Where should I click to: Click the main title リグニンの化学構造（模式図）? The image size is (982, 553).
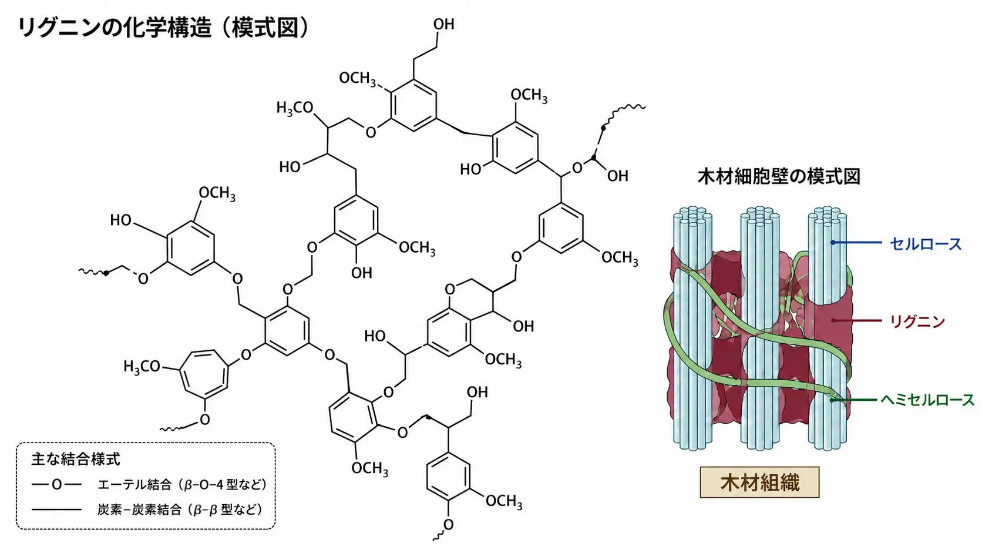click(163, 29)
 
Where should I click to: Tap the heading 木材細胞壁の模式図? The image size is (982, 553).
click(779, 177)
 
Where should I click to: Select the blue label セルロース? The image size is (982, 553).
click(926, 244)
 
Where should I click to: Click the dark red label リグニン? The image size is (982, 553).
click(917, 321)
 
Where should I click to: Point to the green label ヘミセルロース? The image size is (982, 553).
click(927, 400)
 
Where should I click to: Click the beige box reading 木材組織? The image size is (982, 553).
click(760, 482)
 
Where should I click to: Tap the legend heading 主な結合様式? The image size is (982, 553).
click(75, 459)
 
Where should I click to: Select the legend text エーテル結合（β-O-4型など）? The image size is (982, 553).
click(182, 485)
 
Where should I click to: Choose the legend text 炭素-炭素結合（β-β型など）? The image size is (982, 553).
click(179, 510)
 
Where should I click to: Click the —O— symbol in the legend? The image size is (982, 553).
click(56, 485)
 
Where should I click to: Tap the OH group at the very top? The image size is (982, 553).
click(443, 25)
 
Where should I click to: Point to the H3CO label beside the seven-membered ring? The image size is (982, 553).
click(142, 367)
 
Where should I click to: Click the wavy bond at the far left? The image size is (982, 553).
click(93, 273)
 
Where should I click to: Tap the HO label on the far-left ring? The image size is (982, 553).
click(120, 220)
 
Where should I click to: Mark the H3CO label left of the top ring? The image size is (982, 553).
click(295, 108)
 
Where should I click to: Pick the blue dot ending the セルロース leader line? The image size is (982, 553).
click(832, 243)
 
